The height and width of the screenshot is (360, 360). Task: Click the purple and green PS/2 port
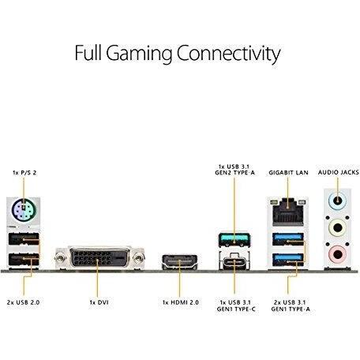[24, 210]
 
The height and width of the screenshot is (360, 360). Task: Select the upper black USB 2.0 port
[24, 239]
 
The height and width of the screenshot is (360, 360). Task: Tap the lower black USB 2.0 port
[24, 259]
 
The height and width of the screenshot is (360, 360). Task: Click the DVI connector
[99, 257]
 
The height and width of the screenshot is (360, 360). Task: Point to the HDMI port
[180, 261]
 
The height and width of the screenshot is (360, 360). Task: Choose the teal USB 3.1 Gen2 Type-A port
[234, 239]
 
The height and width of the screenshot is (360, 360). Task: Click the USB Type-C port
[234, 261]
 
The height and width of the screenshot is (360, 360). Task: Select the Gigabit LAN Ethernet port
[287, 212]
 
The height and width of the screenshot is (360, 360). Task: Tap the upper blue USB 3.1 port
[288, 239]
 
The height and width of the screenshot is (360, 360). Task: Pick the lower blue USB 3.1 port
[288, 259]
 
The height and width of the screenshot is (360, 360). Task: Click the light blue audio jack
[337, 201]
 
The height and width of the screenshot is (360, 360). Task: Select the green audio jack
[337, 228]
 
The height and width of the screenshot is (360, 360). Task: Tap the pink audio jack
[337, 254]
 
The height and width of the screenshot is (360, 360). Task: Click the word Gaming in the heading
[139, 54]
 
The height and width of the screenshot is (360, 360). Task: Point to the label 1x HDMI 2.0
[181, 302]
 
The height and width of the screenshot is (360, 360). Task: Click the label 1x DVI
[99, 302]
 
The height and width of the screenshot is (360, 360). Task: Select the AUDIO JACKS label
[339, 172]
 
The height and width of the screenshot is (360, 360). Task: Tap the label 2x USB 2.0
[24, 302]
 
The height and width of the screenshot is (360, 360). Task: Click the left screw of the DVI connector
[60, 258]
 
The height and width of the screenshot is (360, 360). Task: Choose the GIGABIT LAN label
[288, 173]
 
